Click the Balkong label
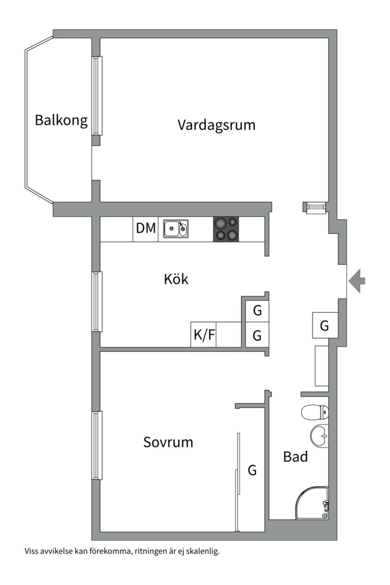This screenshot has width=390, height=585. point(61,120)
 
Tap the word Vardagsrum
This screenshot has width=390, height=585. point(216,126)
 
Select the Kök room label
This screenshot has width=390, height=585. point(176,279)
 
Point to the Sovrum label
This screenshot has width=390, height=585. point(168,443)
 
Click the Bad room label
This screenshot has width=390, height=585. point(296,457)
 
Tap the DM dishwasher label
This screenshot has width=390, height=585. point(146,229)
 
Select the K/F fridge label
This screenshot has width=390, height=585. point(204,336)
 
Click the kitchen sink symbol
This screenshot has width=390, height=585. point(176,229)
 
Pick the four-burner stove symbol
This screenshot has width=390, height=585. point(226,229)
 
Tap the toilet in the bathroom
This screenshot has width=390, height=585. point(315,413)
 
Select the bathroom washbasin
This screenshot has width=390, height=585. point(320,437)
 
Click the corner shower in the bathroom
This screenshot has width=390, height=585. point(313,502)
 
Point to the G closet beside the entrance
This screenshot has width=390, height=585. point(324,326)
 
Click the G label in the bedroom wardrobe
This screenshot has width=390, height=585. point(252,471)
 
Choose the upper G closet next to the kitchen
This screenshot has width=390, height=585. point(257,311)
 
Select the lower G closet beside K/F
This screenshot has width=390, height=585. point(257,336)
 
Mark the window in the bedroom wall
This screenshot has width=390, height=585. point(97,445)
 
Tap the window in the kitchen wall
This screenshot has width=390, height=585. point(97,301)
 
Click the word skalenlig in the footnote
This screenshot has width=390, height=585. point(202,552)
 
